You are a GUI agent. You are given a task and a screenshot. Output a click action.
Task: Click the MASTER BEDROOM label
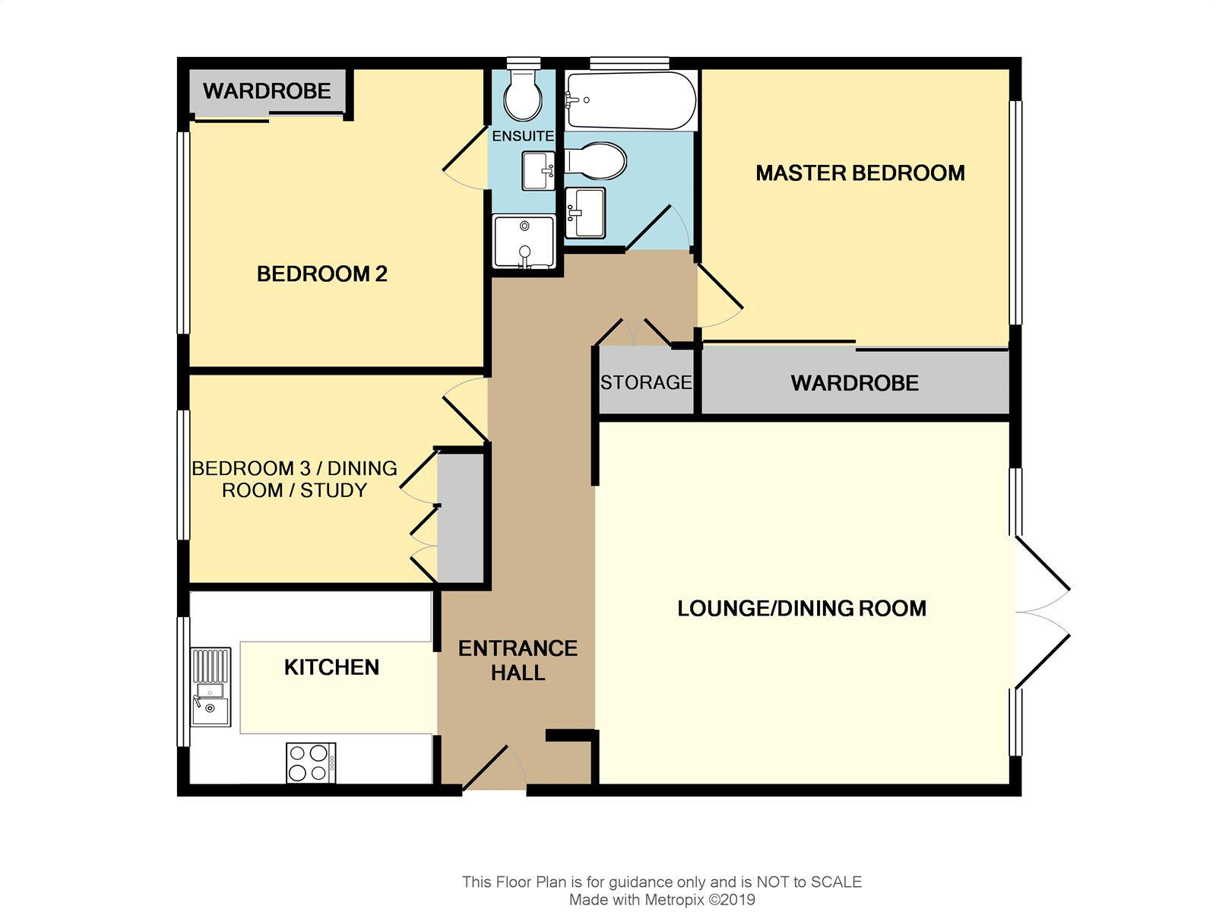[860, 173]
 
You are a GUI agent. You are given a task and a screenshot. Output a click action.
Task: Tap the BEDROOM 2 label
[322, 274]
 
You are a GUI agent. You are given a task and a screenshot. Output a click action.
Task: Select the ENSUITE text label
[523, 137]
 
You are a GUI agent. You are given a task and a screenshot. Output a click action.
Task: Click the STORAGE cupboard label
[646, 382]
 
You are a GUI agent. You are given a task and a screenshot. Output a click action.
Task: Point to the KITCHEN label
[331, 667]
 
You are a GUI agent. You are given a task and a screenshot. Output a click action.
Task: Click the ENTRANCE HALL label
[518, 660]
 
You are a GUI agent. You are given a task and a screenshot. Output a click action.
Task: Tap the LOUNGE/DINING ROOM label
[802, 608]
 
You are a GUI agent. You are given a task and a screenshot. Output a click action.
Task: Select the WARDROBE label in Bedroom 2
[267, 91]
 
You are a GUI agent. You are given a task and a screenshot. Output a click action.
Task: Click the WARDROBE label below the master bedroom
[855, 383]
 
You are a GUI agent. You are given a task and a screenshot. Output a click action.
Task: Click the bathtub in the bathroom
[631, 100]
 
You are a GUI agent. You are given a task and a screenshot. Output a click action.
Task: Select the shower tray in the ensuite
[524, 242]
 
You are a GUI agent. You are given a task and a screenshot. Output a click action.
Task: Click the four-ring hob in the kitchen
[311, 763]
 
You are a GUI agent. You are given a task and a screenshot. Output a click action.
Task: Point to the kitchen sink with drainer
[211, 686]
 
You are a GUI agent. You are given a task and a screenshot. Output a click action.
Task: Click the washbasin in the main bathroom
[585, 212]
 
